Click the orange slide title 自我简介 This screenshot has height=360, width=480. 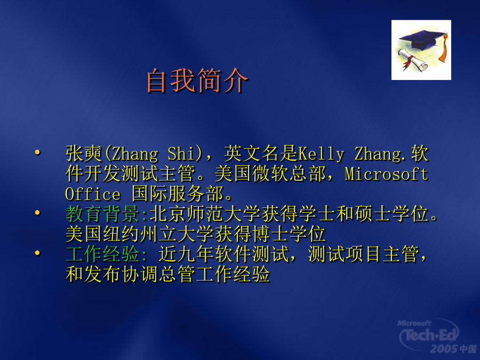[197, 81]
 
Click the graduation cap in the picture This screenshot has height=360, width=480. [422, 40]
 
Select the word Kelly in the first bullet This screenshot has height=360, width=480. [321, 154]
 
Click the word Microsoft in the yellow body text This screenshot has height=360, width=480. [386, 174]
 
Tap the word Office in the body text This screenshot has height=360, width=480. [93, 194]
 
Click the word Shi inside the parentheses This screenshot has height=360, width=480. [181, 154]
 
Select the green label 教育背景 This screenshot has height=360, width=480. [102, 214]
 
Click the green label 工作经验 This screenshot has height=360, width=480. [102, 254]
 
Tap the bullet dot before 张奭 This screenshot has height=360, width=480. [38, 152]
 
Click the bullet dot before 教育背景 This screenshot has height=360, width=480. [38, 212]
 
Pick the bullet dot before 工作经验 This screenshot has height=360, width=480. [38, 253]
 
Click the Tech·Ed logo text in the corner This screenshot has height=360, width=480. [429, 335]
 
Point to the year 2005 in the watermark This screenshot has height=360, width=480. [444, 349]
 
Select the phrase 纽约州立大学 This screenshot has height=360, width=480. [158, 234]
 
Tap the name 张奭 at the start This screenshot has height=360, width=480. [84, 154]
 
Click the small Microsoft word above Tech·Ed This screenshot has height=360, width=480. [414, 323]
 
